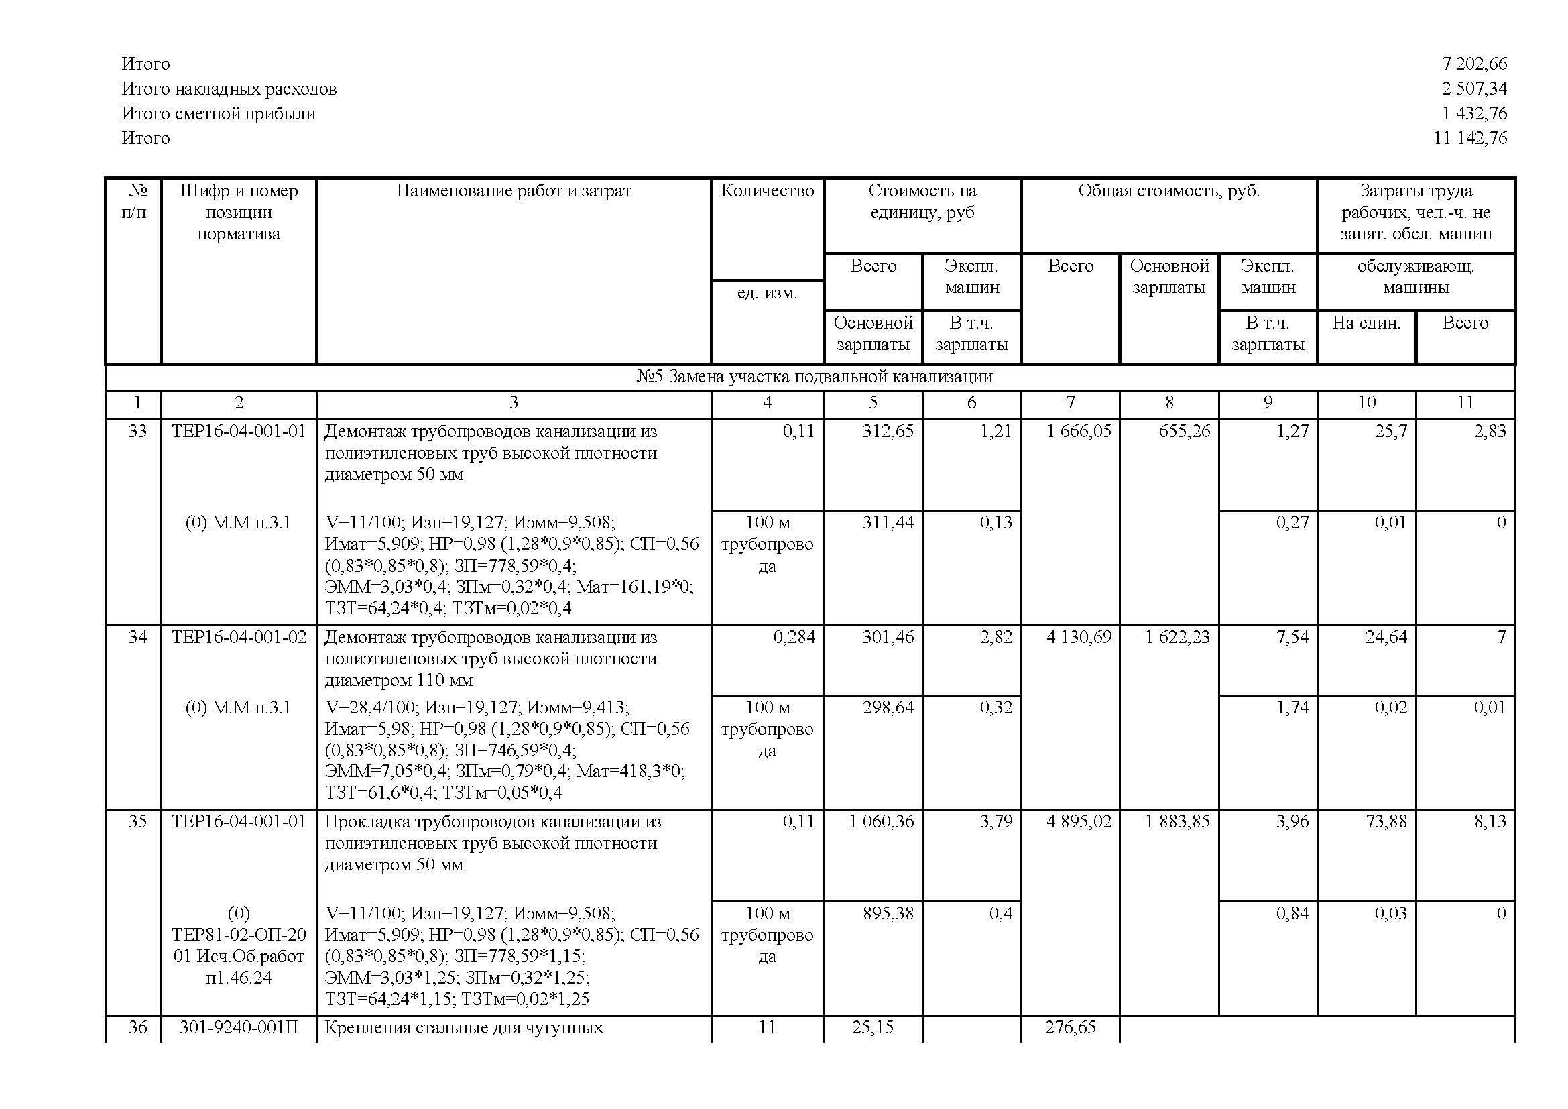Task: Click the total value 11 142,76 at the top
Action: pyautogui.click(x=1469, y=139)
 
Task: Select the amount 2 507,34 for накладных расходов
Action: pyautogui.click(x=1473, y=89)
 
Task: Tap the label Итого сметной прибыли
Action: pyautogui.click(x=219, y=113)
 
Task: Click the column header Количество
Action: pyautogui.click(x=767, y=191)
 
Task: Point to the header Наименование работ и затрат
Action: pyautogui.click(x=514, y=191)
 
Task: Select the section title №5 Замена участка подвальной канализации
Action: pyautogui.click(x=814, y=377)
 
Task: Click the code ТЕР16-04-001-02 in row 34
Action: pyautogui.click(x=239, y=637)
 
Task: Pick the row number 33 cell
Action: pyautogui.click(x=137, y=431)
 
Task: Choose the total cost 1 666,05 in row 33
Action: pyautogui.click(x=1079, y=431)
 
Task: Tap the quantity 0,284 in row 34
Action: pyautogui.click(x=794, y=637)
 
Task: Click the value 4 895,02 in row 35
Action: pyautogui.click(x=1079, y=821)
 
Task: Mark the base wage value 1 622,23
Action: pyautogui.click(x=1177, y=637)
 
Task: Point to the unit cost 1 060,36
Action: pyautogui.click(x=881, y=821)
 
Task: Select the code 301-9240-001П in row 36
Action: pyautogui.click(x=239, y=1028)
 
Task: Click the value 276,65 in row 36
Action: pyautogui.click(x=1070, y=1028)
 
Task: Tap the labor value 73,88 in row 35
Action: pyautogui.click(x=1386, y=821)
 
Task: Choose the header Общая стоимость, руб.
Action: pyautogui.click(x=1168, y=191)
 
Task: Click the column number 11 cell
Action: pyautogui.click(x=1465, y=403)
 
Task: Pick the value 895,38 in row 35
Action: pyautogui.click(x=888, y=913)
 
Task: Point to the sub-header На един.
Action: pyautogui.click(x=1366, y=323)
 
